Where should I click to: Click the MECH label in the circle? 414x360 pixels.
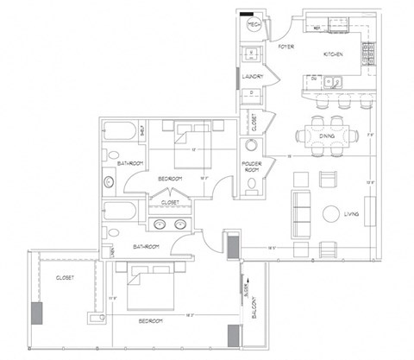click(x=254, y=26)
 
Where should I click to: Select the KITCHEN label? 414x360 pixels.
click(x=333, y=54)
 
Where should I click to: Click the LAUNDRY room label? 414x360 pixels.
click(x=252, y=75)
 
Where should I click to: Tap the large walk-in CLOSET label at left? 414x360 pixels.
click(x=64, y=278)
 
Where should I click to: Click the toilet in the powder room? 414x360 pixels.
click(x=251, y=183)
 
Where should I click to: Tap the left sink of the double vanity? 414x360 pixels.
click(x=160, y=225)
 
